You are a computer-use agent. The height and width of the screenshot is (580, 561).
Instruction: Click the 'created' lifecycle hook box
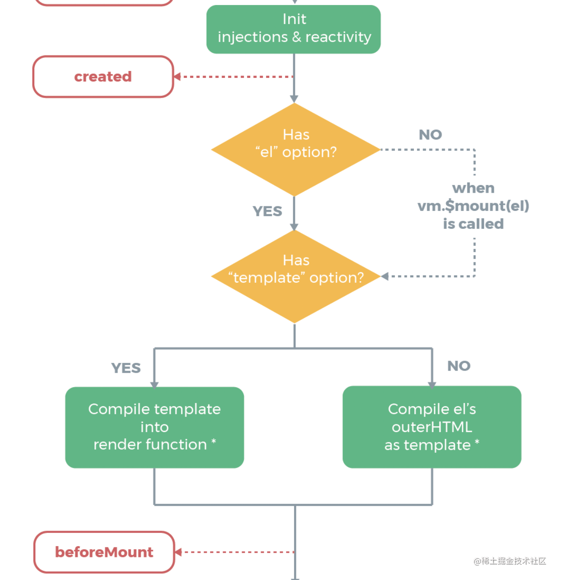(103, 76)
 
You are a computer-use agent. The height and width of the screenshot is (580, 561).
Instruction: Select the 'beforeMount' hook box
(104, 552)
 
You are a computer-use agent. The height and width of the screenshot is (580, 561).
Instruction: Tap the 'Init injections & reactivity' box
(294, 29)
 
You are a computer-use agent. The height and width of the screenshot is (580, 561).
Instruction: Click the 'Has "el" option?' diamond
(296, 149)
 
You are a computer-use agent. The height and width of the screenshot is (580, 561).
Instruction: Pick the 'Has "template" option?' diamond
(296, 276)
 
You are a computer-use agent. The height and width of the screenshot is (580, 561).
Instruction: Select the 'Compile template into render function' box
(154, 427)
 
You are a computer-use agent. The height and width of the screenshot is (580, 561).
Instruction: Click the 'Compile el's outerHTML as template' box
(432, 427)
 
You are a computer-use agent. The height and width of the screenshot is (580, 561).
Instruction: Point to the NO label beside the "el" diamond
(430, 134)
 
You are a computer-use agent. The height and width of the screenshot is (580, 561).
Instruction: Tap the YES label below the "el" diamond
(267, 211)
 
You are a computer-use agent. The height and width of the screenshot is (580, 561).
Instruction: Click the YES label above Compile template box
(126, 368)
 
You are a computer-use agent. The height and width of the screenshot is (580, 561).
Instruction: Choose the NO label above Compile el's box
(459, 366)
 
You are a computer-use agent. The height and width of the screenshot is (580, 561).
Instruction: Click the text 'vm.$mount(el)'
(473, 206)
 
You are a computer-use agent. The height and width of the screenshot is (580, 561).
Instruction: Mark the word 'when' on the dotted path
(473, 188)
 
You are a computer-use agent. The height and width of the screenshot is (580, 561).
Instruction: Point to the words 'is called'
(473, 224)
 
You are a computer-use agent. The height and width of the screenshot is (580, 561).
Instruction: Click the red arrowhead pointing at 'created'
(177, 76)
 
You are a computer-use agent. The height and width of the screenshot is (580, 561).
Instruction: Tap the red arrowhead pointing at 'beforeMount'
(178, 552)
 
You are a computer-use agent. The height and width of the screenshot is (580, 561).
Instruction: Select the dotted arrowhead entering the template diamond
(385, 276)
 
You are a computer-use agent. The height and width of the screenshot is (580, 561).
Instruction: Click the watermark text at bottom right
(510, 561)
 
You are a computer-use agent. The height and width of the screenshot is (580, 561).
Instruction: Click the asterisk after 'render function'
(214, 442)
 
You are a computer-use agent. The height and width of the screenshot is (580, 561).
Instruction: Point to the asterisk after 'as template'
(477, 442)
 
